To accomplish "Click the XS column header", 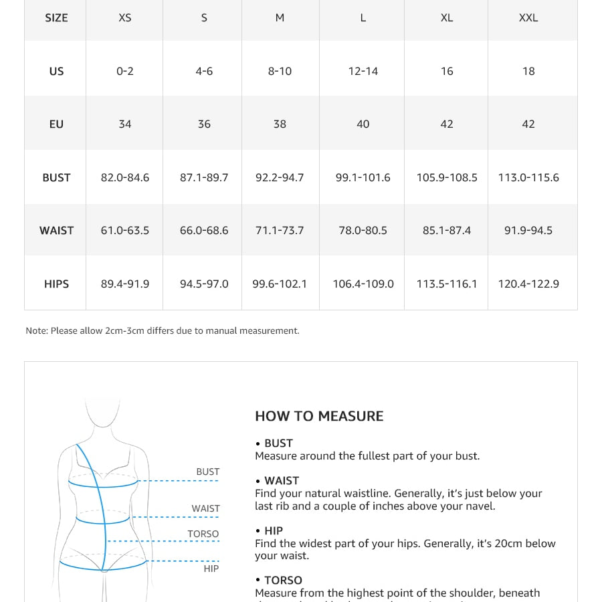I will (125, 18).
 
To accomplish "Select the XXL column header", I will (528, 18).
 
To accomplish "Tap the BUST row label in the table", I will (56, 177).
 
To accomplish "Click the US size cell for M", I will (280, 71).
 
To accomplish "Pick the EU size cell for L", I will (363, 124).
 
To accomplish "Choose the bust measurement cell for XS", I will (125, 177).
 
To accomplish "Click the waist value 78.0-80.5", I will (363, 230).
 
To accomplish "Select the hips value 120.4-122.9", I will (528, 284).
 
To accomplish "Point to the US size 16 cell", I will (447, 71).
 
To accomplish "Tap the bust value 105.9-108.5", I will (447, 177).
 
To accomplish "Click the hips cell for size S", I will (204, 284).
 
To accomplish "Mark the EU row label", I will (56, 124).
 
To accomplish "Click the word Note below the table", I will (36, 330).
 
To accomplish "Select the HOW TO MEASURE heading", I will (319, 416).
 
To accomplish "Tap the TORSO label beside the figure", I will (203, 534).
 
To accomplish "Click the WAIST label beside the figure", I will (205, 508).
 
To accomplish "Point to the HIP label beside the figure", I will (211, 569).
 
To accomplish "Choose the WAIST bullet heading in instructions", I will (282, 480).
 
